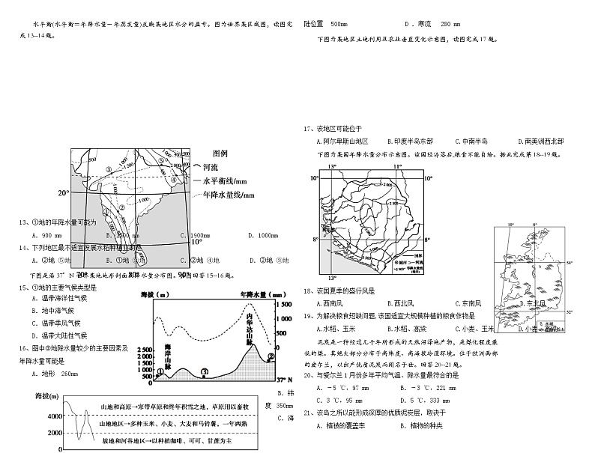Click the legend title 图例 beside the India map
click(220, 153)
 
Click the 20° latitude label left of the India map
click(63, 192)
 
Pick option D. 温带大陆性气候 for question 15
click(68, 335)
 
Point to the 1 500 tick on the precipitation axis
click(283, 305)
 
